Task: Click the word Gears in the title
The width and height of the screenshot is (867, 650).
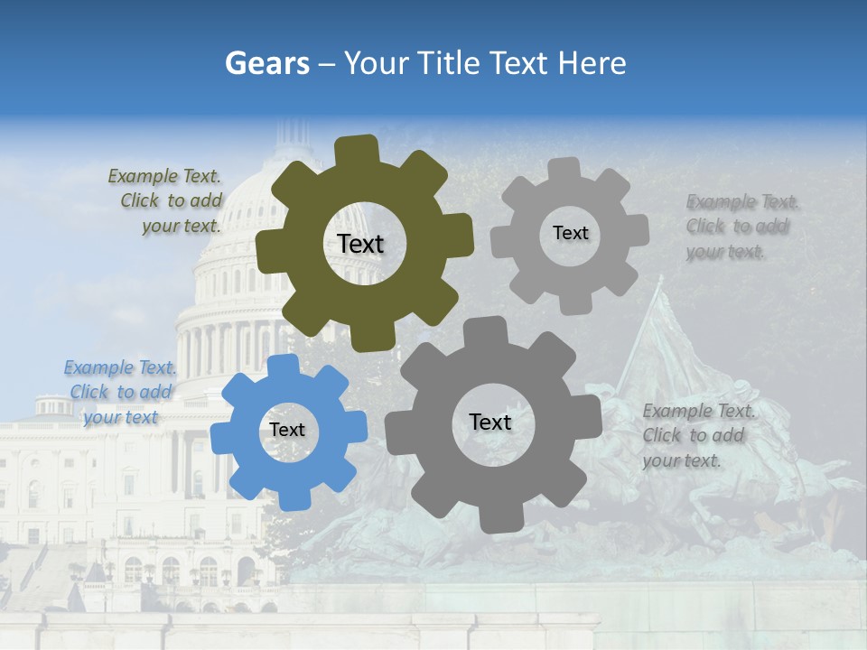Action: (x=266, y=63)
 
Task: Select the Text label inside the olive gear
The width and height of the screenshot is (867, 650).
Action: (x=360, y=244)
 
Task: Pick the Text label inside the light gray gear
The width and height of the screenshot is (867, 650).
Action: (x=570, y=233)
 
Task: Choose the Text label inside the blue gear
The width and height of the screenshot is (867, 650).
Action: (x=287, y=430)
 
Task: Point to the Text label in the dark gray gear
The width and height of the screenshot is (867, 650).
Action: (x=490, y=422)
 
